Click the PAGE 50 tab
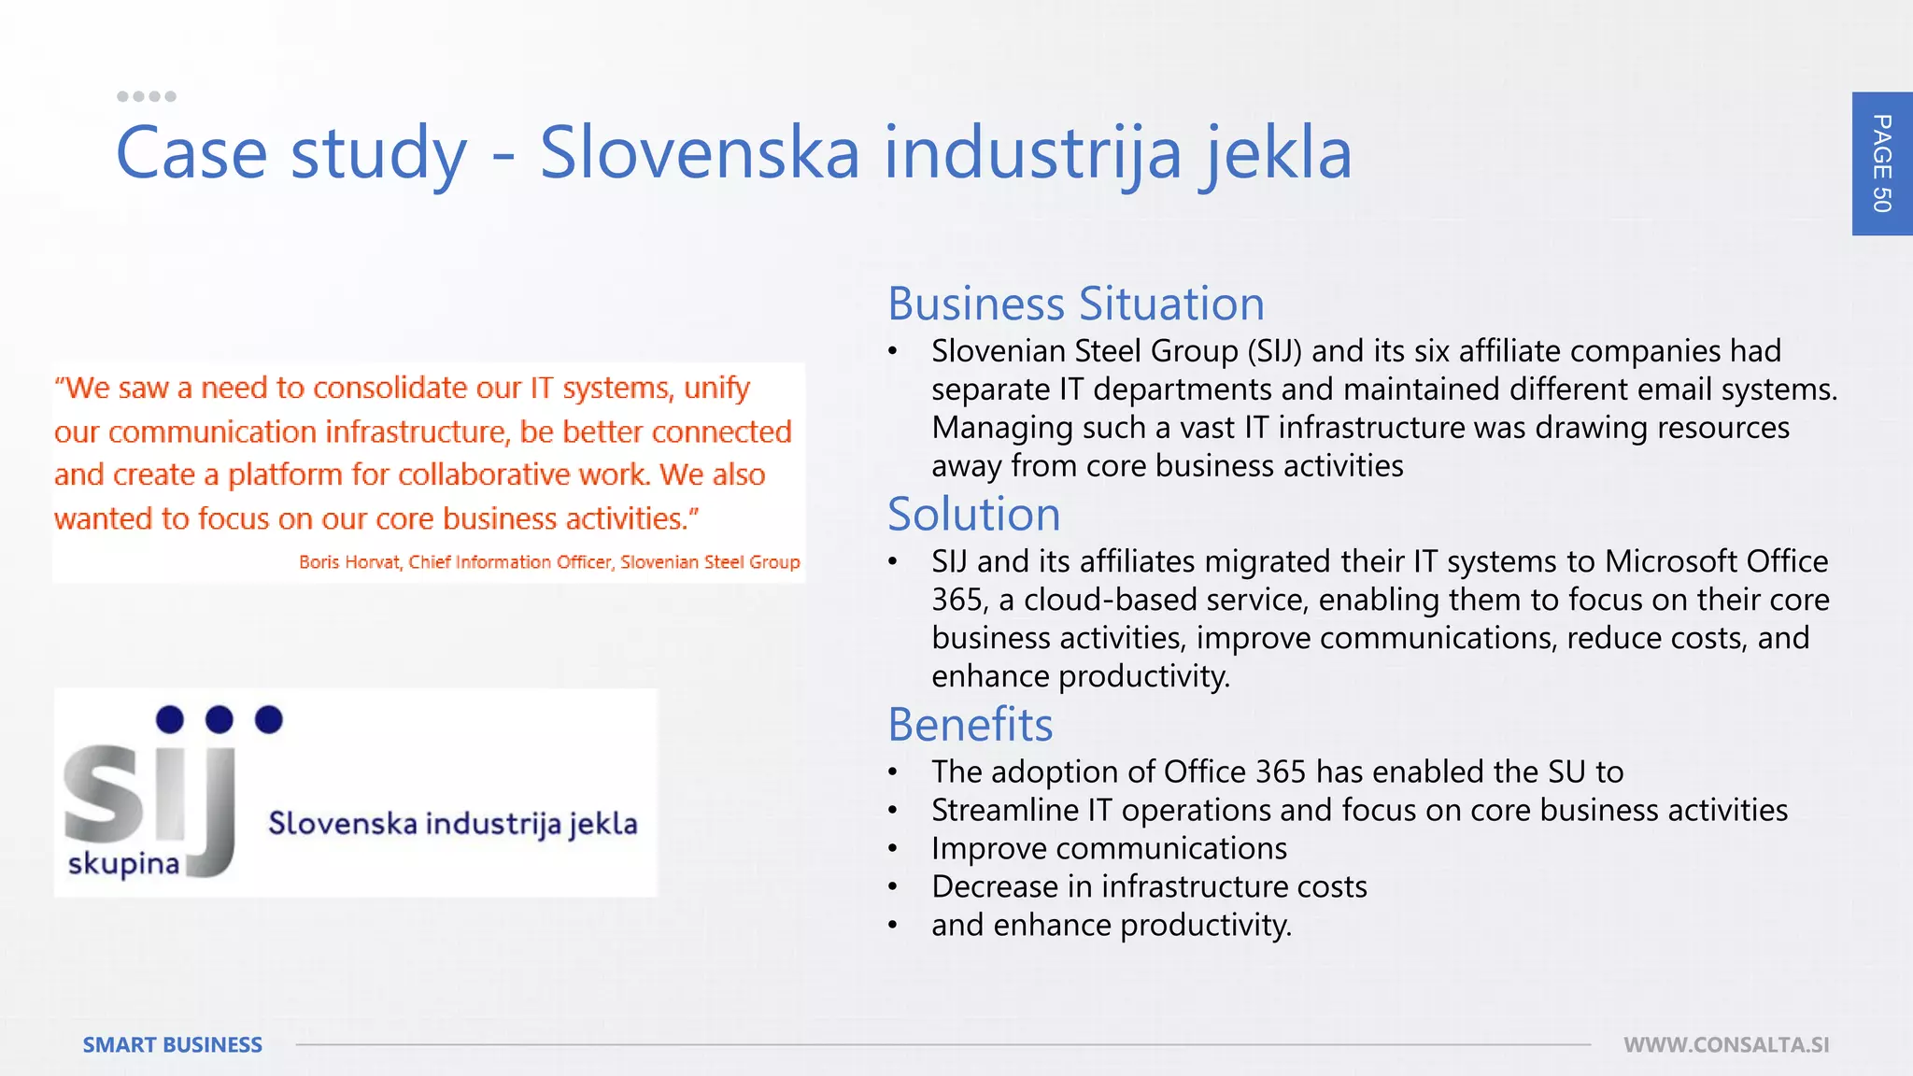coord(1881,163)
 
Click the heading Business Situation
coord(1076,304)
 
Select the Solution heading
coord(973,514)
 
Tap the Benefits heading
coord(970,724)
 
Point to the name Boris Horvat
coord(349,562)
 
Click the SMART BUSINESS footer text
coord(173,1044)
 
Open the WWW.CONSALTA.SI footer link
coord(1726,1044)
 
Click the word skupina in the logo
coord(123,864)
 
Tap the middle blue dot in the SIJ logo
coord(220,719)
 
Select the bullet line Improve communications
coord(1109,848)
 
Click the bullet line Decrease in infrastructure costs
coord(1149,886)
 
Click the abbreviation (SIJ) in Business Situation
coord(1274,351)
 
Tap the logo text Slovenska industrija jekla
coord(453,824)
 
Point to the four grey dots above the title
coord(147,96)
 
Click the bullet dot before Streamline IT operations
coord(893,811)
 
